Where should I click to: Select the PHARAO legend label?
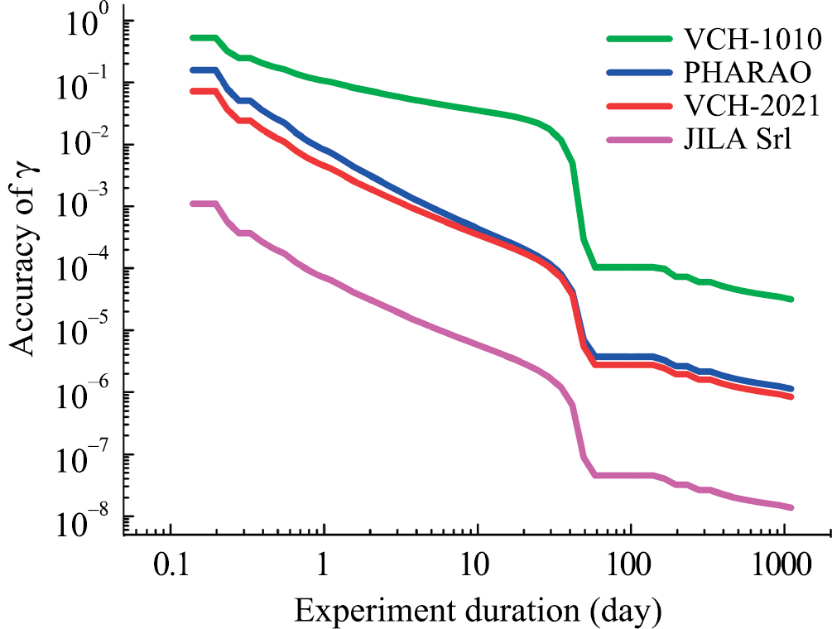pyautogui.click(x=747, y=72)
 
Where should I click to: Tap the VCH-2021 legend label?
pyautogui.click(x=751, y=106)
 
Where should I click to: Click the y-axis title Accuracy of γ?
pyautogui.click(x=26, y=273)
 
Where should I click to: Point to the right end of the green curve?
pyautogui.click(x=791, y=299)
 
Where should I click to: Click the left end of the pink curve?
pyautogui.click(x=192, y=204)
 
